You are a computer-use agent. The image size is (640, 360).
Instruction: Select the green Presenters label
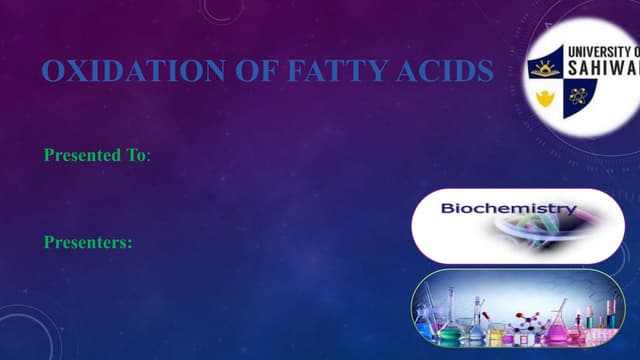point(89,242)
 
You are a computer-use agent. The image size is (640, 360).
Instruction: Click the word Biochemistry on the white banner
point(510,210)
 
